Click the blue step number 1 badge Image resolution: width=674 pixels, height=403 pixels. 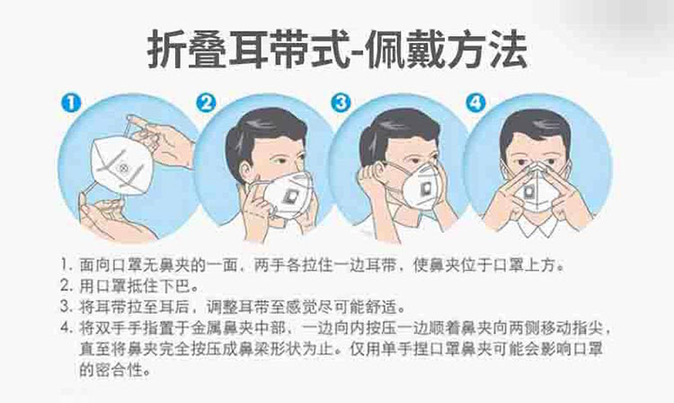pos(71,103)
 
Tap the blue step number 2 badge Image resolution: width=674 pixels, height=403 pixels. pos(207,103)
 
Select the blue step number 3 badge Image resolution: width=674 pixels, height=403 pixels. pos(341,103)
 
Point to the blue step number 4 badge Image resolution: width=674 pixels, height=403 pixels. pos(476,103)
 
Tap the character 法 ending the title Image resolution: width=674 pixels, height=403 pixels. pos(507,49)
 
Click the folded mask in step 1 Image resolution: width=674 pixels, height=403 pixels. pos(121,166)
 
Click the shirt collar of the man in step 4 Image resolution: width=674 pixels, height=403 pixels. pos(537,226)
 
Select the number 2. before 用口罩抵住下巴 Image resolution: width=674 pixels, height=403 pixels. pos(67,285)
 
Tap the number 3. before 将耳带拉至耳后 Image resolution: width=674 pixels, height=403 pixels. pos(67,307)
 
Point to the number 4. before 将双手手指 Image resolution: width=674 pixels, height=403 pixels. pos(67,328)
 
